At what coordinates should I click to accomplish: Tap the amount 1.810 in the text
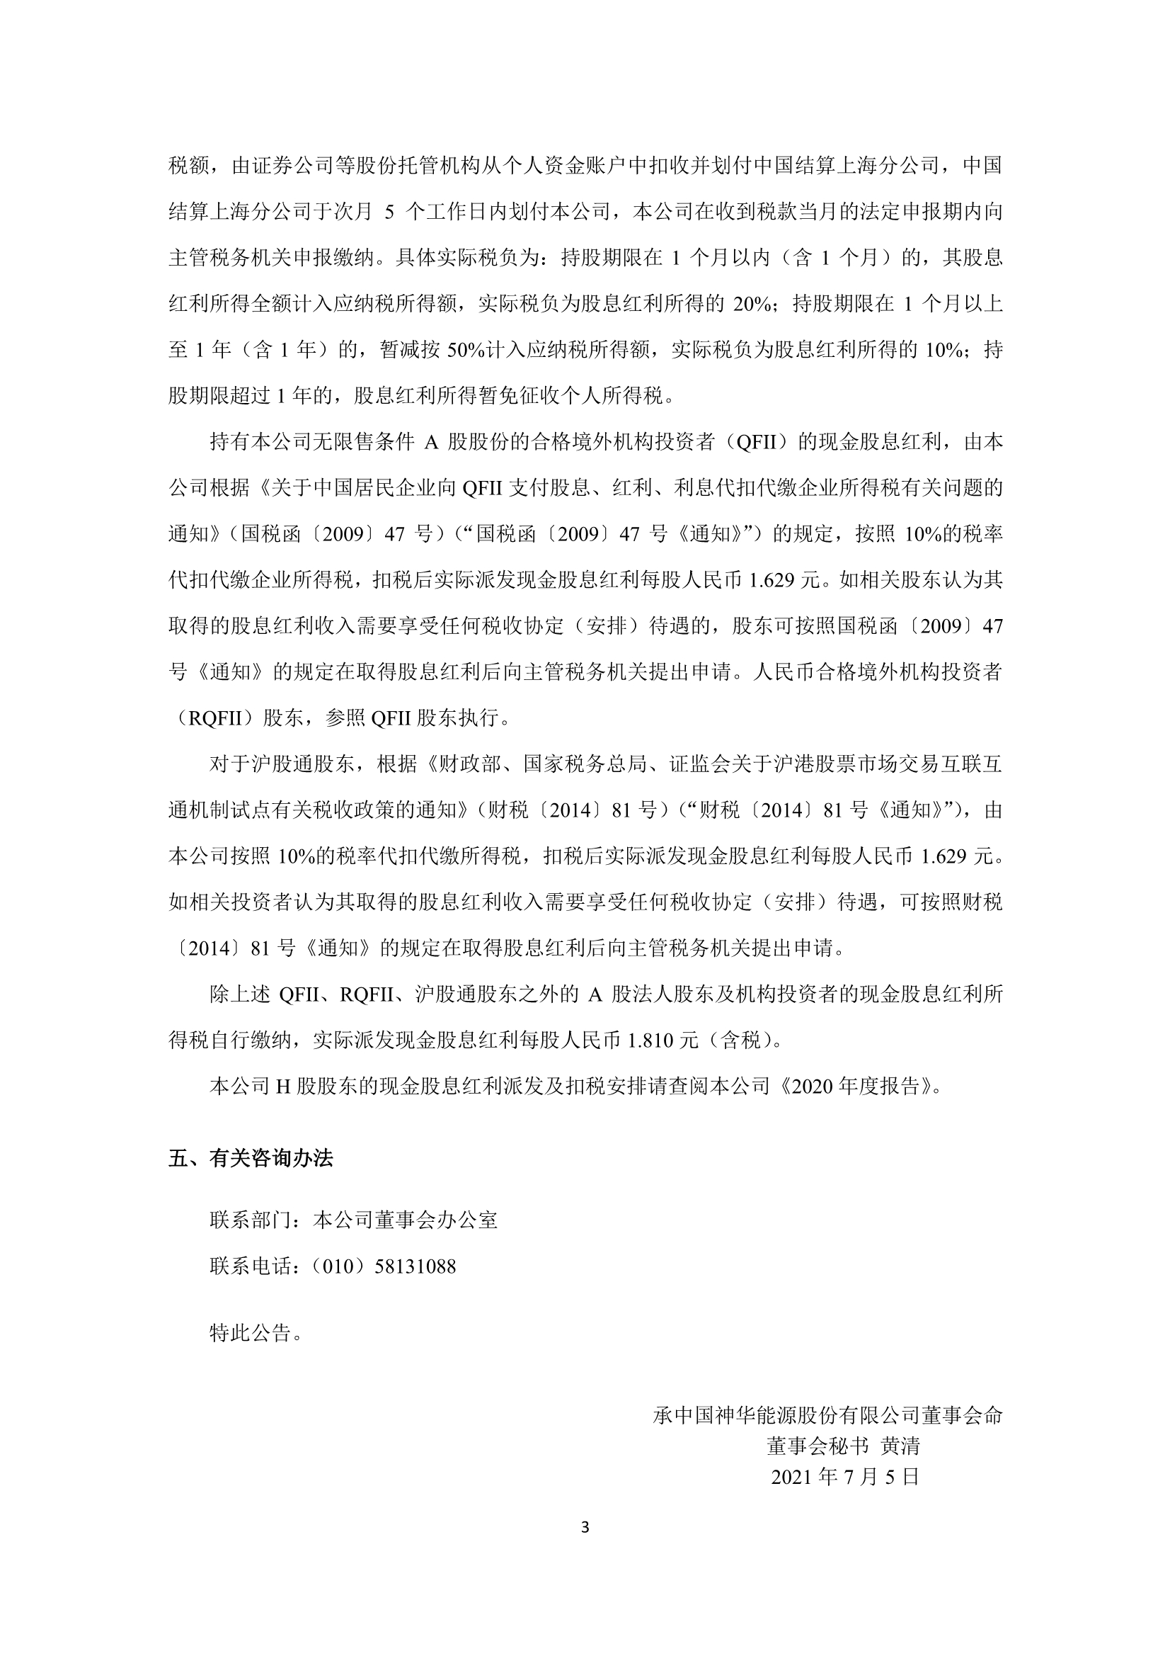pos(651,1040)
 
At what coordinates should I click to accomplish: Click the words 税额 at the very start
pos(189,166)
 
